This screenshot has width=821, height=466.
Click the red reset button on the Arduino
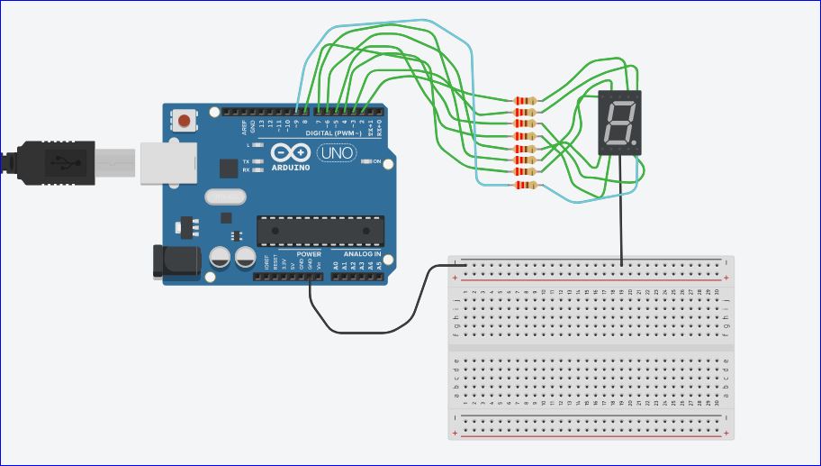coord(185,119)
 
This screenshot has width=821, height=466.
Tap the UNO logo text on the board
coord(337,153)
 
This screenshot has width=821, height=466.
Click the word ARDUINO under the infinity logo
coord(289,168)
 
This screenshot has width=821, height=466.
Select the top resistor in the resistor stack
coord(523,100)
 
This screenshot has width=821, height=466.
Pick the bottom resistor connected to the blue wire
coord(523,186)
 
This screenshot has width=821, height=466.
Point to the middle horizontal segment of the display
coord(618,123)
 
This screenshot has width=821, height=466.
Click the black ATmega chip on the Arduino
coord(320,231)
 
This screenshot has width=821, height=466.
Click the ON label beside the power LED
coord(377,162)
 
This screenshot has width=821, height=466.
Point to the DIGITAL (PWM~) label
coord(333,132)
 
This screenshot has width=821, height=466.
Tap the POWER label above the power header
coord(309,254)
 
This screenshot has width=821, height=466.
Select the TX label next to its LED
coord(246,161)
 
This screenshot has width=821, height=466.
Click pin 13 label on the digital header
coord(262,125)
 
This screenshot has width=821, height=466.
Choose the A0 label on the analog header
coord(336,266)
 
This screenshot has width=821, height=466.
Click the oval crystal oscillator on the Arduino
coord(224,196)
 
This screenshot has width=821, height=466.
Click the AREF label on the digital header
coord(244,126)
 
